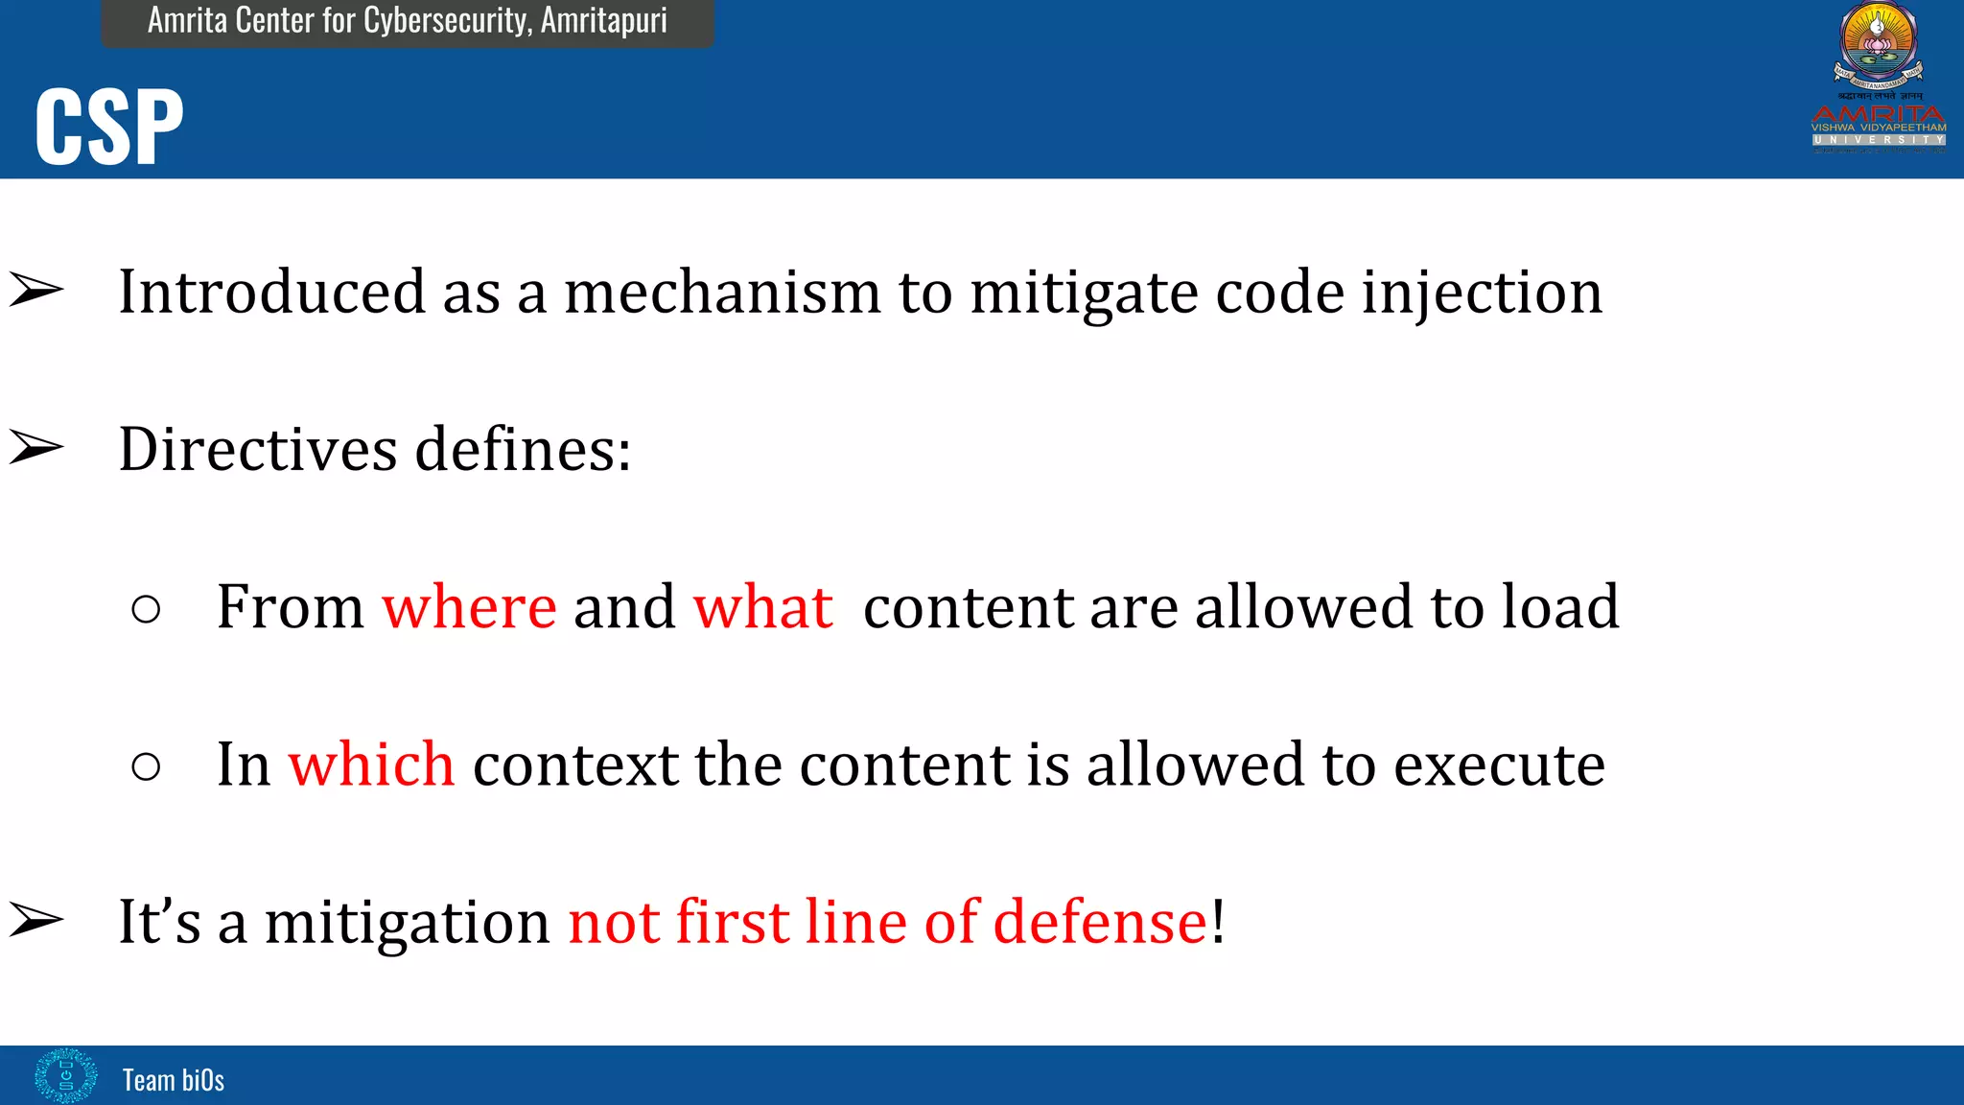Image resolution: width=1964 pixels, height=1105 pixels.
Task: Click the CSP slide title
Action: point(109,127)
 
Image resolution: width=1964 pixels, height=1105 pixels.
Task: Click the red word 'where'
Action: point(469,607)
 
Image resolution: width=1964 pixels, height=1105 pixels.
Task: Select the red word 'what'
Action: point(763,607)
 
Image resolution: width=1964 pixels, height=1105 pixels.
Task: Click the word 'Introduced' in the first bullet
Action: point(271,292)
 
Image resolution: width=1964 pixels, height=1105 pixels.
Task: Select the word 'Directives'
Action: point(257,449)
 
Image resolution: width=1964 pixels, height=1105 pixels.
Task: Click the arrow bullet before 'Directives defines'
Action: point(36,447)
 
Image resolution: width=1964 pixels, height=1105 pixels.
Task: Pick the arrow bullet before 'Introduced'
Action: point(36,290)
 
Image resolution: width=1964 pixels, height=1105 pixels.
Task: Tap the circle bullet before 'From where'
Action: point(146,609)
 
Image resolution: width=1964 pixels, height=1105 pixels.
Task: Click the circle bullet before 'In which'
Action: point(146,766)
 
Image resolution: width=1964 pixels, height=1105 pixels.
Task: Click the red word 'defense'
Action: point(1099,922)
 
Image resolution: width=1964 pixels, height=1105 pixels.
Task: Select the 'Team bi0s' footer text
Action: point(174,1080)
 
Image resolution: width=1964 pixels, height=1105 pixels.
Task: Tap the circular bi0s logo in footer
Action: point(65,1075)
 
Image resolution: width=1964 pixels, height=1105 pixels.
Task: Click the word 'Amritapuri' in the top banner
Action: point(603,20)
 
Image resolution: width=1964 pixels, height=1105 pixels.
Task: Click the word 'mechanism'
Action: point(722,292)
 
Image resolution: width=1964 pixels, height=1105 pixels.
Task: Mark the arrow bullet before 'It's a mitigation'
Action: point(36,920)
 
